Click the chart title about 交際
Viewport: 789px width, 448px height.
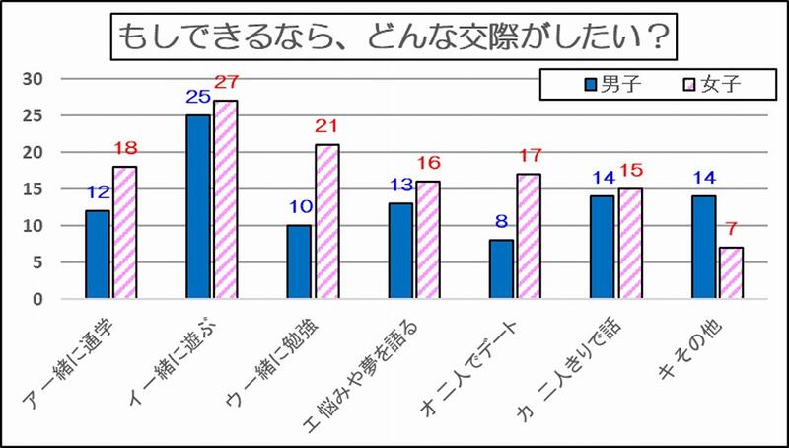[394, 38]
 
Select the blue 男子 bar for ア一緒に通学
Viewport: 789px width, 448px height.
[98, 254]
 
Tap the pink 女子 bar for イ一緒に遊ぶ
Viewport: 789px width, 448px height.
[225, 198]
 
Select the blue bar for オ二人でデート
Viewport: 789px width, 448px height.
[501, 268]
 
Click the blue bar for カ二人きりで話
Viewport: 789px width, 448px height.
[602, 247]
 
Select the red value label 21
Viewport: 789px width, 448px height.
[326, 126]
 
